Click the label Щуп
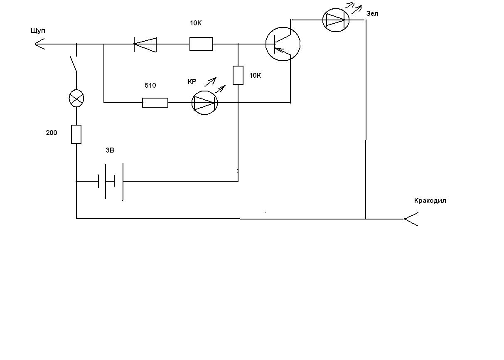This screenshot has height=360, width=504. tap(38, 31)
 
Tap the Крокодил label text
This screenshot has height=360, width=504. tap(430, 201)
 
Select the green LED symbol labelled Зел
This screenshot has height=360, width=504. tap(336, 20)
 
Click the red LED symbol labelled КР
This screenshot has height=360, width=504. tap(204, 103)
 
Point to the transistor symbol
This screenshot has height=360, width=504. tap(283, 44)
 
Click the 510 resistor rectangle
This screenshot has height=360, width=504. tap(155, 103)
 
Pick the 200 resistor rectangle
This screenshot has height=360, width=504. tap(76, 134)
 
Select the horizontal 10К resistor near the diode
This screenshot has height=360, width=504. tap(201, 44)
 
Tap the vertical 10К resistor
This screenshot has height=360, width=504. tap(238, 75)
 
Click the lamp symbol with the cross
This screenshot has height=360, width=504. tap(76, 99)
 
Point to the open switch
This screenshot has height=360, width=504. tap(74, 64)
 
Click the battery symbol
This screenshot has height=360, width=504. tap(111, 181)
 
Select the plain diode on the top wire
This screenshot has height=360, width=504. tap(145, 44)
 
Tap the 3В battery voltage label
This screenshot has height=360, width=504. tap(110, 150)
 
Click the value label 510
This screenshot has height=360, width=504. tap(150, 85)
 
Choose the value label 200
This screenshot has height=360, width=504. tap(52, 133)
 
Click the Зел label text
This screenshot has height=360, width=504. tap(372, 14)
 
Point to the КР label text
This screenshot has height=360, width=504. tap(192, 82)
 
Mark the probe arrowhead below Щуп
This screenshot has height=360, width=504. tap(39, 44)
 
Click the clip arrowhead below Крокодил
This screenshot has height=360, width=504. tap(411, 219)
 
